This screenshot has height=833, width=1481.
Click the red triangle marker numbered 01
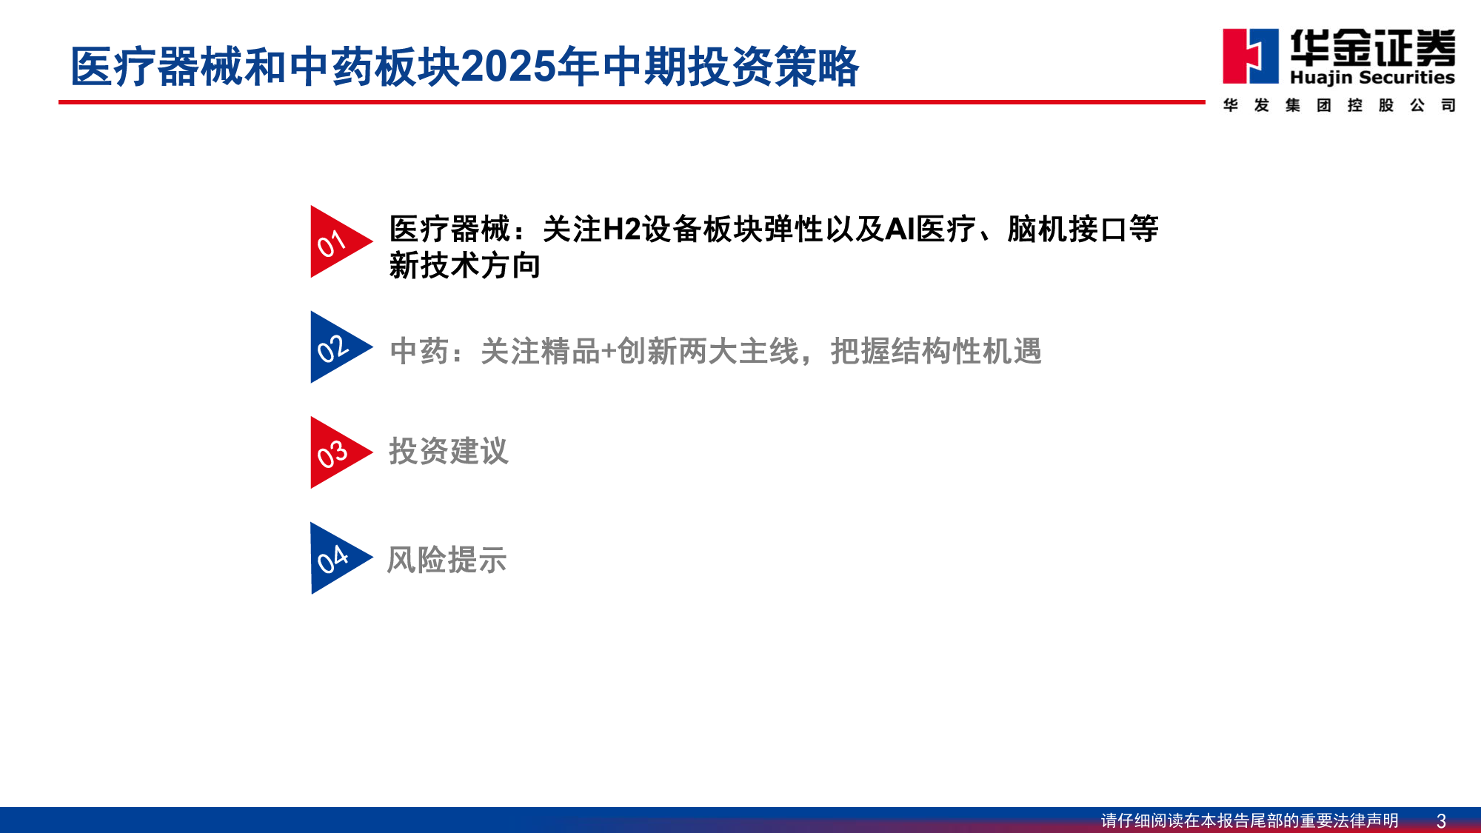click(x=337, y=241)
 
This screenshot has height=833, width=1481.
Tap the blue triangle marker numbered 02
click(x=337, y=347)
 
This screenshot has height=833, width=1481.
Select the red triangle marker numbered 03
click(x=337, y=452)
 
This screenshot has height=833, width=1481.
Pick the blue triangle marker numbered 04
click(x=337, y=558)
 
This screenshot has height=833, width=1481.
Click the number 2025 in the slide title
click(x=508, y=67)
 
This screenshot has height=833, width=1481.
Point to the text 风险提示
click(x=447, y=560)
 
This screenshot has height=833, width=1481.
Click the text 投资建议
click(x=449, y=451)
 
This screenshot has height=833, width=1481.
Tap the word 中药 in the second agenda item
click(x=419, y=351)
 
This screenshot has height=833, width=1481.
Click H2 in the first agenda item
click(x=622, y=230)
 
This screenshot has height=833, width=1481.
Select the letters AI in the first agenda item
click(x=900, y=230)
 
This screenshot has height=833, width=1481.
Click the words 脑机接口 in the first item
click(x=1067, y=230)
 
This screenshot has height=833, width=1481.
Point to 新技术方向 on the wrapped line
click(x=465, y=266)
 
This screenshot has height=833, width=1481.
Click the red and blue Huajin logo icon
click(x=1251, y=56)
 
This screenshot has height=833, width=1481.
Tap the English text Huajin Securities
click(x=1372, y=77)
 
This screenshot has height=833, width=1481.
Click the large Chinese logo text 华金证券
click(x=1373, y=47)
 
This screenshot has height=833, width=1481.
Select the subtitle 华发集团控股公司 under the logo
click(x=1340, y=105)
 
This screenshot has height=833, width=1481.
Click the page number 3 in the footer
click(x=1441, y=820)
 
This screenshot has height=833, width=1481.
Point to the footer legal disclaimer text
click(x=1249, y=820)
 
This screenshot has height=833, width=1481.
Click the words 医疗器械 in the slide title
click(x=156, y=67)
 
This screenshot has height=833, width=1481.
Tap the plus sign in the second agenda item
click(x=608, y=352)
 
